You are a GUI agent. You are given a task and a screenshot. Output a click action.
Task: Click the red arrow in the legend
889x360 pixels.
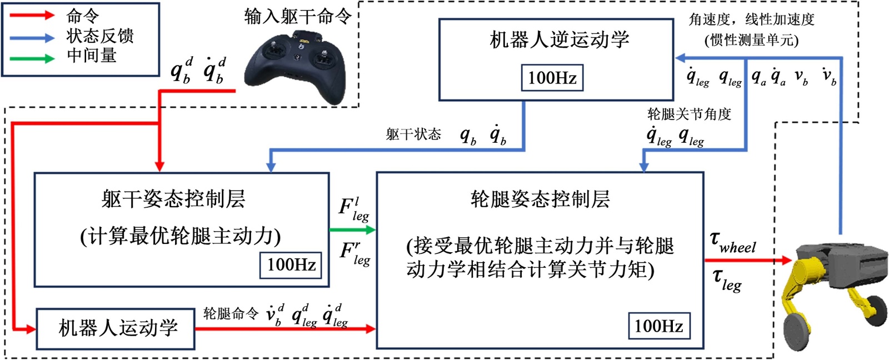[32, 16]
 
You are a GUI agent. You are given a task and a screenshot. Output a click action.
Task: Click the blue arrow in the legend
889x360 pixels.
[32, 38]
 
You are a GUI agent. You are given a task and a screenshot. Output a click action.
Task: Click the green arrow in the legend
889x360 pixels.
[32, 58]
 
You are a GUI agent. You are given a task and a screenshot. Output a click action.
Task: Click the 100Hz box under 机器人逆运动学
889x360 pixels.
[552, 78]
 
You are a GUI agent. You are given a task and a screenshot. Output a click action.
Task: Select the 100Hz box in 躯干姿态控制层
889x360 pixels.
[292, 264]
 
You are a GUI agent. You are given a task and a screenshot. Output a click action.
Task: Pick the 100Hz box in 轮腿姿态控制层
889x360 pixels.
[659, 326]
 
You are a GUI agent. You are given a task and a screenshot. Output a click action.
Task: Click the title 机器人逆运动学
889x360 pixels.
[559, 39]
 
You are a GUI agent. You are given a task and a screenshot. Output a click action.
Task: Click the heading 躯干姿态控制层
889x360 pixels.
[173, 199]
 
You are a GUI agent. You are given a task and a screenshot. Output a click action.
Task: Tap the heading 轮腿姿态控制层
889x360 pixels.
[540, 198]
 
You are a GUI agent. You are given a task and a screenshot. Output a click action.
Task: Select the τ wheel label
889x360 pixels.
[733, 243]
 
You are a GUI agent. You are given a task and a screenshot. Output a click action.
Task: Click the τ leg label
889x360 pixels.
[727, 279]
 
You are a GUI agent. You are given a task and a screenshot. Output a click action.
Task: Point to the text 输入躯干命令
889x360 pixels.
[298, 17]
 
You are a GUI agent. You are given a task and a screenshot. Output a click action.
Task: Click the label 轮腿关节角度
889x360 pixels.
[689, 114]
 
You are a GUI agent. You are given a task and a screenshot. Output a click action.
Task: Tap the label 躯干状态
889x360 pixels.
[413, 134]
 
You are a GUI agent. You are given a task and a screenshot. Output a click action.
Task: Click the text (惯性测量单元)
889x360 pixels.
[751, 40]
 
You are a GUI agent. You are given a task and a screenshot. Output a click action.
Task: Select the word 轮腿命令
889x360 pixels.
[231, 314]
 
